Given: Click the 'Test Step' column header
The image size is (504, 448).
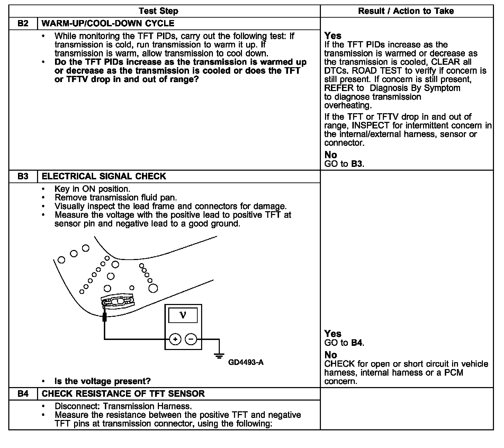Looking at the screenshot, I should [x=159, y=11].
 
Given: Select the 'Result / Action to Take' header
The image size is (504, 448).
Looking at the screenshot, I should [x=406, y=11].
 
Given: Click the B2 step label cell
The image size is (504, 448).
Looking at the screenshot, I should [x=23, y=24].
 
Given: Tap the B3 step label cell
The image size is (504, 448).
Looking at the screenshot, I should [x=23, y=176].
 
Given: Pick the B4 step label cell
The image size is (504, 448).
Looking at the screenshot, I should [x=23, y=394].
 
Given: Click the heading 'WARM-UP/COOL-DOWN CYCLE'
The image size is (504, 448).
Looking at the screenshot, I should [x=108, y=24].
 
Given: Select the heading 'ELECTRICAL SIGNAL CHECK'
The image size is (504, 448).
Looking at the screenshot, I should [x=104, y=176].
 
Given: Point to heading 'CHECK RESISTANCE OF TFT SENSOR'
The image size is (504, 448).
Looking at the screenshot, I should [x=123, y=394].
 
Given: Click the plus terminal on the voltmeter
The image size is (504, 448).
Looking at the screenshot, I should [x=175, y=339].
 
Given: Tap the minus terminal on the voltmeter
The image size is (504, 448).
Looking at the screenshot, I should [x=191, y=339].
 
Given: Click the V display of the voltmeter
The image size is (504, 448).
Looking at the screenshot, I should [x=183, y=315].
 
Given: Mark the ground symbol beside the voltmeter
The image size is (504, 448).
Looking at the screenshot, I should [x=219, y=356].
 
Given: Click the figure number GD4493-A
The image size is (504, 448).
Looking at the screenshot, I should [x=246, y=362].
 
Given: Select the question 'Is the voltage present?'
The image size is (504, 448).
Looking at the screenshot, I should [x=102, y=381].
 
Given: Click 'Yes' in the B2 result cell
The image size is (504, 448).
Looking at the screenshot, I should [x=333, y=36].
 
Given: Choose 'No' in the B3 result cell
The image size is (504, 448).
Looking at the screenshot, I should [x=331, y=355].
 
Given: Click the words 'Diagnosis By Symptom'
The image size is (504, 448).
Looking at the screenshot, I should [x=415, y=88].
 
